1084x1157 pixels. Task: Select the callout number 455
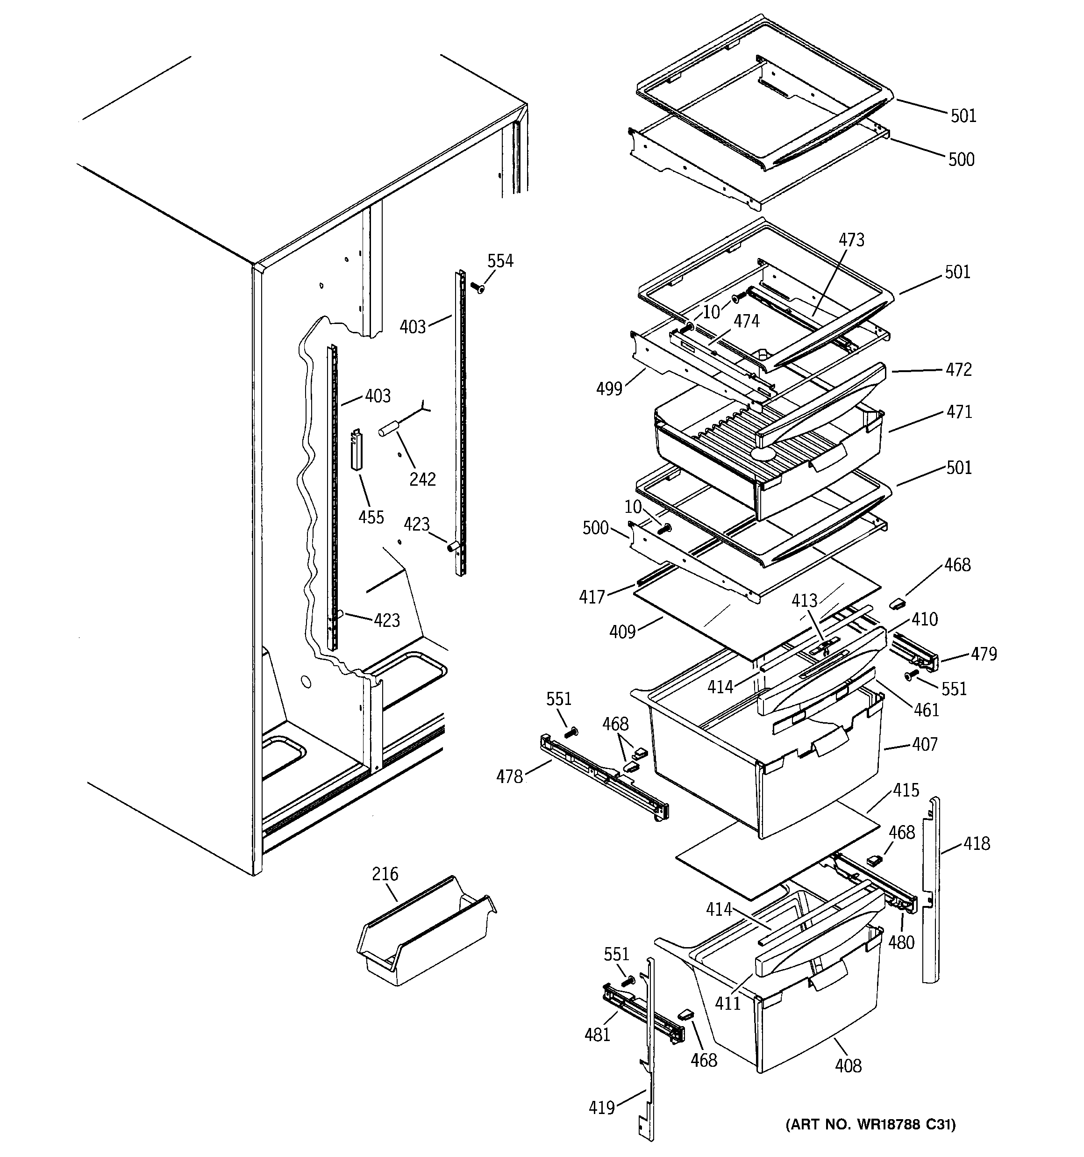[x=371, y=517]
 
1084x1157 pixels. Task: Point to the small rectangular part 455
[x=357, y=449]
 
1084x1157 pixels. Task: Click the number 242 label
[x=422, y=479]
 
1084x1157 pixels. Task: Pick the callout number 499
[x=609, y=389]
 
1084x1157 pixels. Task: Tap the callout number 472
[x=958, y=370]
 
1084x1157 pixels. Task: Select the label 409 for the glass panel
[x=622, y=632]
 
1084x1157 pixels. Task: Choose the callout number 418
[x=977, y=843]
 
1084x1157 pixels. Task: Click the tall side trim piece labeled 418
[x=931, y=896]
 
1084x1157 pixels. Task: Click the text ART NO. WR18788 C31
[x=870, y=1124]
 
